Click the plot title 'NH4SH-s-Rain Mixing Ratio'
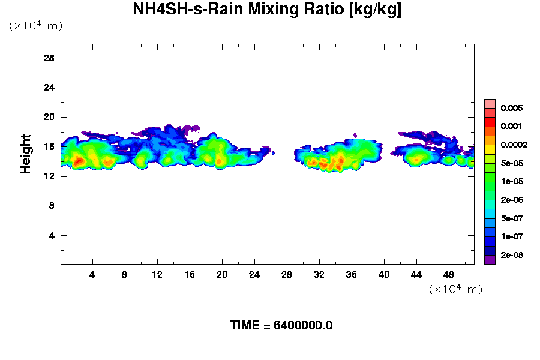point(267,10)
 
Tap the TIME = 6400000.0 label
point(281,326)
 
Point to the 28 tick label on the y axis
point(49,58)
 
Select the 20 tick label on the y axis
point(49,117)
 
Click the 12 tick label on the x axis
point(157,275)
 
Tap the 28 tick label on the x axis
point(287,275)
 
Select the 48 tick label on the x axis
point(449,275)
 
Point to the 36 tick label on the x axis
point(352,275)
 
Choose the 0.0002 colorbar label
point(514,145)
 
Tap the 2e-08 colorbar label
point(512,256)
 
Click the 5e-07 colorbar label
point(512,218)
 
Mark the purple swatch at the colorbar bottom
point(490,260)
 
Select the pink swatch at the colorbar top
point(490,103)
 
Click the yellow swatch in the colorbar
point(490,149)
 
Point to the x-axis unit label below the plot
point(455,290)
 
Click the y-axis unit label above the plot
point(35,26)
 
